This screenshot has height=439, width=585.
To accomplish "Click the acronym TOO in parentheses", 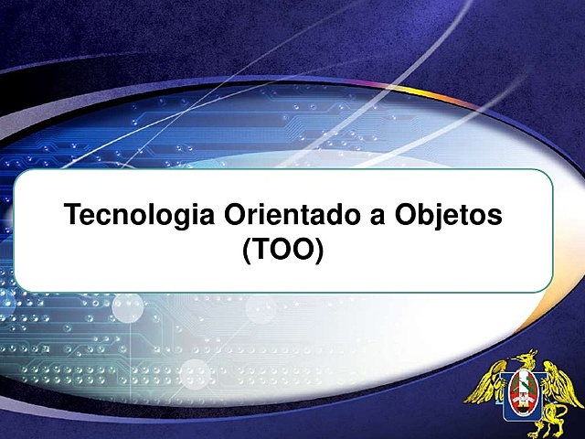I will click(x=283, y=249).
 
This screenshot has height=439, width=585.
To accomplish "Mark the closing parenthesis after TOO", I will click(x=319, y=250).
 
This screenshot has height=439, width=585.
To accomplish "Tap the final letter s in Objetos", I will click(x=497, y=219).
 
